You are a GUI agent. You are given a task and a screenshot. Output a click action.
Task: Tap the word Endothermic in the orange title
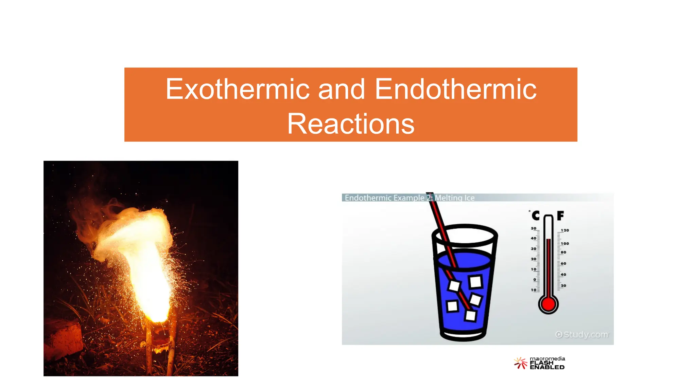(x=456, y=89)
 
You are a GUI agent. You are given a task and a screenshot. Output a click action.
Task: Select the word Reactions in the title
(x=351, y=124)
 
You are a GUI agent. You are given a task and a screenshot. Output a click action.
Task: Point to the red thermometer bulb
(x=548, y=304)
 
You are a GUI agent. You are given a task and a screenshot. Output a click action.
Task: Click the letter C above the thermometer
(x=536, y=216)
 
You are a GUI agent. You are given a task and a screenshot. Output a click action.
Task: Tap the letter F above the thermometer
(x=560, y=216)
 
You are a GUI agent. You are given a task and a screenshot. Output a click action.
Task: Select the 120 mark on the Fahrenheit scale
(x=565, y=230)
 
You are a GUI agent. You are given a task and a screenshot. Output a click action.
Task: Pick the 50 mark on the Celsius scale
(x=534, y=228)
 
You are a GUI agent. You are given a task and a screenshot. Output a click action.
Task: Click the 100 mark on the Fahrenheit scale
(x=565, y=244)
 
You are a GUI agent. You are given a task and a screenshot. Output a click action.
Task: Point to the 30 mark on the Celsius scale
(x=534, y=249)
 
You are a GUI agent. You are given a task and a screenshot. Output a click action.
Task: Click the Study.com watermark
(x=581, y=335)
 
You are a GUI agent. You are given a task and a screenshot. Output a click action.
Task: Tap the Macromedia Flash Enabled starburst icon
(x=520, y=363)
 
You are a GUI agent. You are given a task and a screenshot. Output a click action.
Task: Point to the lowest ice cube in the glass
(x=470, y=316)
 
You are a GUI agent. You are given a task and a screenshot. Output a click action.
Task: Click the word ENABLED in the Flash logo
(x=547, y=367)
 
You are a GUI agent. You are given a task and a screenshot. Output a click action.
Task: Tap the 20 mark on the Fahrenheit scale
(x=563, y=286)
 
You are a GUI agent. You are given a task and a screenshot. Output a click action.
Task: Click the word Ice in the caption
(x=469, y=198)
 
